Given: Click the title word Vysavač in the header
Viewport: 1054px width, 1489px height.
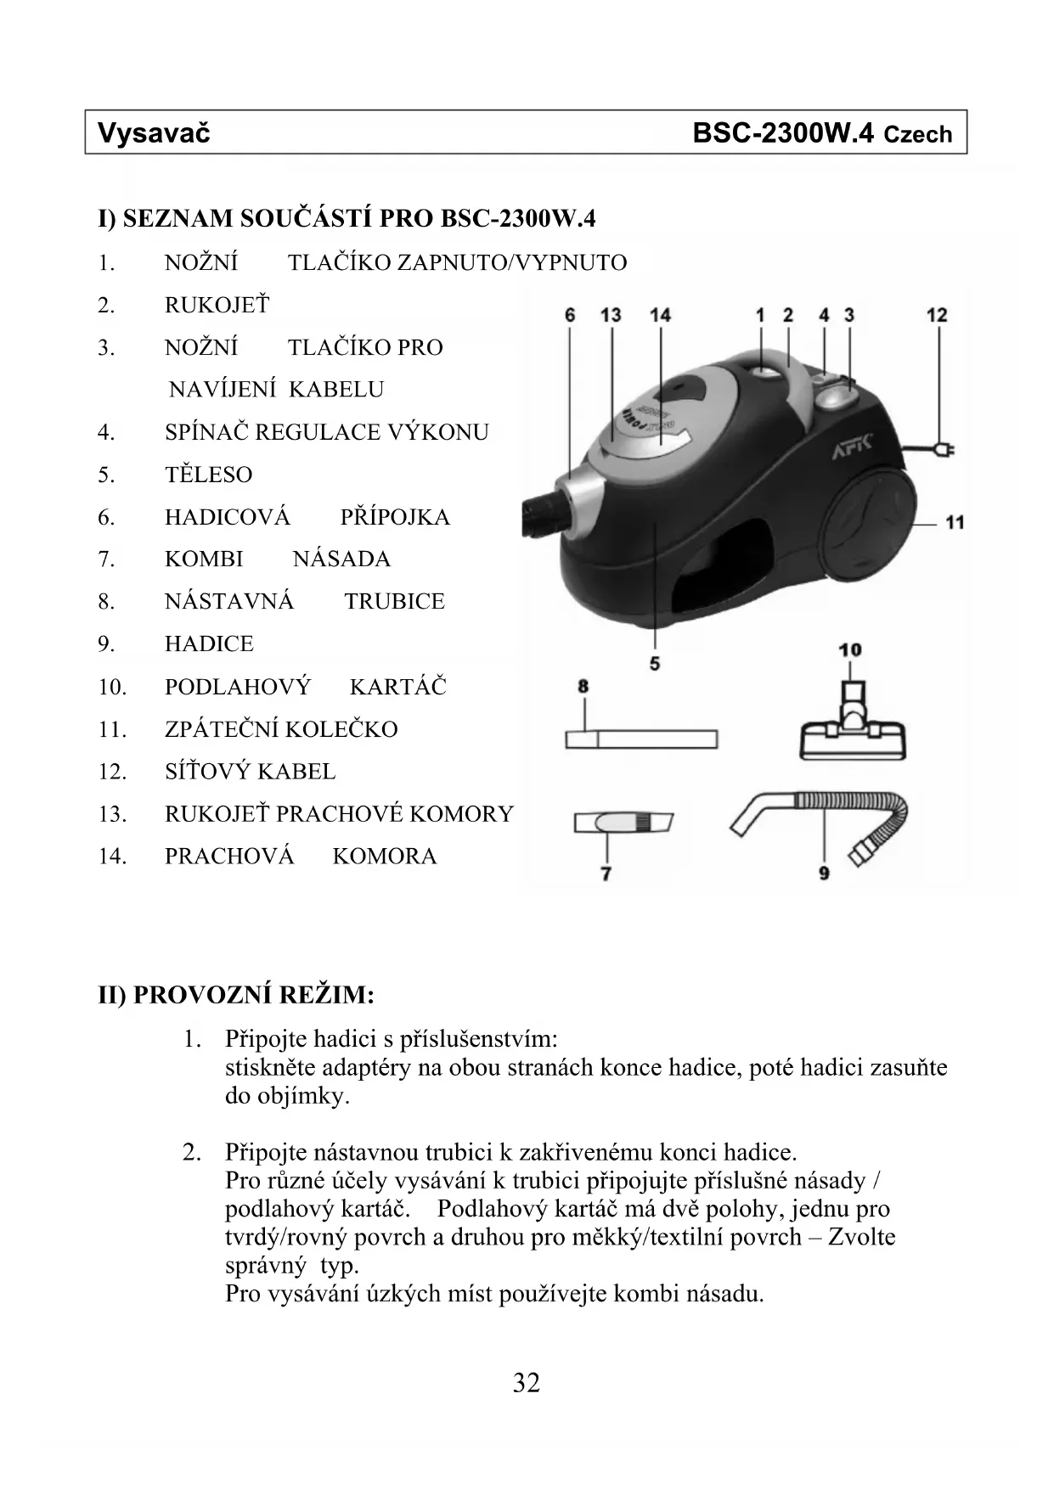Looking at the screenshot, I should (154, 133).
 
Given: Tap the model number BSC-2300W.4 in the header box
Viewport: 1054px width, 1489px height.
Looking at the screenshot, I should (782, 133).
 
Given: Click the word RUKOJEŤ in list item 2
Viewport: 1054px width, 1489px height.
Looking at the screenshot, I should (217, 305).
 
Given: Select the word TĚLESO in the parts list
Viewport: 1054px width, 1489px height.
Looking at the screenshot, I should (208, 475).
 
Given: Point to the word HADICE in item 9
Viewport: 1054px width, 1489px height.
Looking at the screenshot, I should (209, 643).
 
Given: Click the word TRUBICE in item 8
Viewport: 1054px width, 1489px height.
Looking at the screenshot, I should (394, 601).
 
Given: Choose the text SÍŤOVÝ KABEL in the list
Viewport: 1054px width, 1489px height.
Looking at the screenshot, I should (250, 771).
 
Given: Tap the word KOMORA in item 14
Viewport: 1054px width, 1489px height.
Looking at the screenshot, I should (384, 856).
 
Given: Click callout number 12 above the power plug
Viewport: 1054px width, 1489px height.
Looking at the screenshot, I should (936, 315).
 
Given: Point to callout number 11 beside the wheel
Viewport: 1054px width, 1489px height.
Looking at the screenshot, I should (955, 521).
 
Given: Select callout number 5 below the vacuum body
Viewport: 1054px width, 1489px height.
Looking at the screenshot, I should (654, 663).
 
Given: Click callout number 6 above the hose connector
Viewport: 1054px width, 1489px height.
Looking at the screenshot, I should (570, 315).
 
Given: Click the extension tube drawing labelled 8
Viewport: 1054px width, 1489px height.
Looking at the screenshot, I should (641, 739).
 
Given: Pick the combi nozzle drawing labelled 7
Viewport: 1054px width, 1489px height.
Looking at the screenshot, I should (623, 823).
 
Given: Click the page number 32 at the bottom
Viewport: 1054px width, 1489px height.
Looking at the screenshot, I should (527, 1383).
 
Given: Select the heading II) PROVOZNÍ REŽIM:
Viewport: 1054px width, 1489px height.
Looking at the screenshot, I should (236, 995).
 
